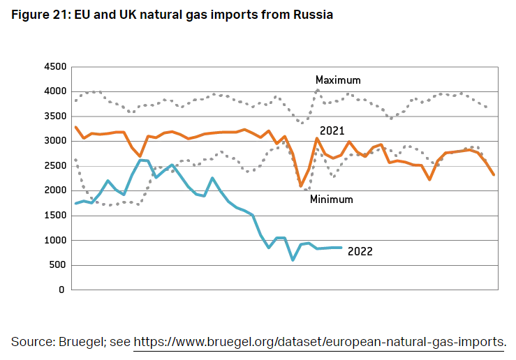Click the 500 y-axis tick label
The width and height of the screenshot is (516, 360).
click(x=57, y=265)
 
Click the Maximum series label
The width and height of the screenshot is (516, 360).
click(x=338, y=80)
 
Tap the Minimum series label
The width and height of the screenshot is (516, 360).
click(x=331, y=200)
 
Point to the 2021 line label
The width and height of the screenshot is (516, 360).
click(x=332, y=130)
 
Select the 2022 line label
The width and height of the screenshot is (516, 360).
click(x=360, y=251)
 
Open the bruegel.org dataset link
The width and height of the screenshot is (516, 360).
click(x=318, y=341)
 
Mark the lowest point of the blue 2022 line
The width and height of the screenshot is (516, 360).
click(x=293, y=260)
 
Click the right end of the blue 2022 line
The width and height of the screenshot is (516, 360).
click(x=341, y=248)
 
